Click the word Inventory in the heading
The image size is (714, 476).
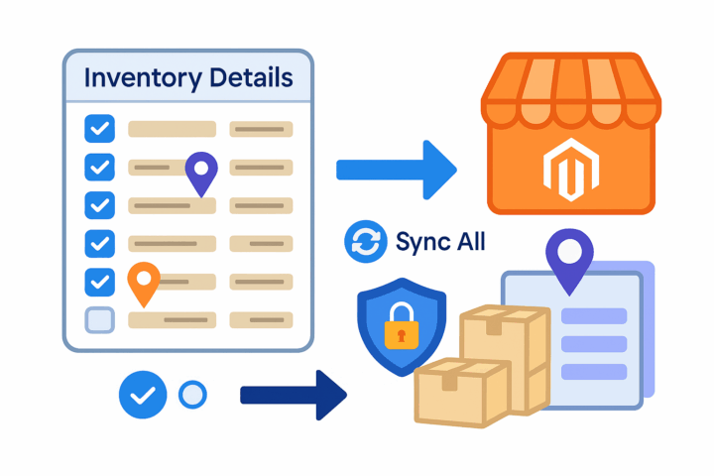(x=133, y=78)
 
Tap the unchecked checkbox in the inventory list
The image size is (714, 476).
(x=100, y=320)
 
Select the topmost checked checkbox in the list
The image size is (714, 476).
(x=100, y=129)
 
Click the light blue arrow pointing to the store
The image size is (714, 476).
(x=396, y=170)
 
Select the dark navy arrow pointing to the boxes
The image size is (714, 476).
(x=294, y=395)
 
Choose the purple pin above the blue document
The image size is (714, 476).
(x=567, y=261)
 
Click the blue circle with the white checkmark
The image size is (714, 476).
(x=143, y=396)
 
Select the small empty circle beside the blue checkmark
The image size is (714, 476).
(x=192, y=396)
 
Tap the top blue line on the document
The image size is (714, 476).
(x=594, y=316)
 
